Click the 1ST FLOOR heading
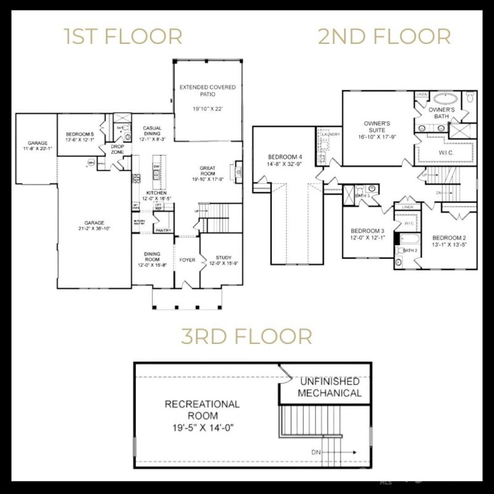[124, 36]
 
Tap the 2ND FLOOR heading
[384, 36]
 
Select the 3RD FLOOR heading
[246, 337]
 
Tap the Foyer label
[187, 260]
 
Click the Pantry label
[163, 230]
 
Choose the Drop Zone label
[117, 149]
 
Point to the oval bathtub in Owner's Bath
[443, 98]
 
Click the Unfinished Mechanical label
[330, 388]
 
